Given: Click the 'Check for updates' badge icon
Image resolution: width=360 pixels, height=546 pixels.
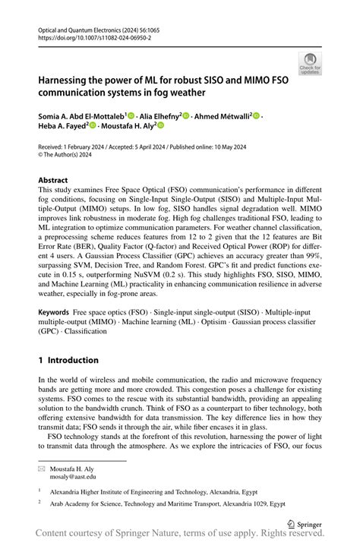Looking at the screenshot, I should pyautogui.click(x=310, y=63).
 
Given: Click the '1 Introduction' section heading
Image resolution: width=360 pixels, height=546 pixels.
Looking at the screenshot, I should pyautogui.click(x=68, y=360).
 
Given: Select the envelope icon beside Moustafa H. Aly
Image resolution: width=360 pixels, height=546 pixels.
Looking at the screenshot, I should pyautogui.click(x=42, y=469).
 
